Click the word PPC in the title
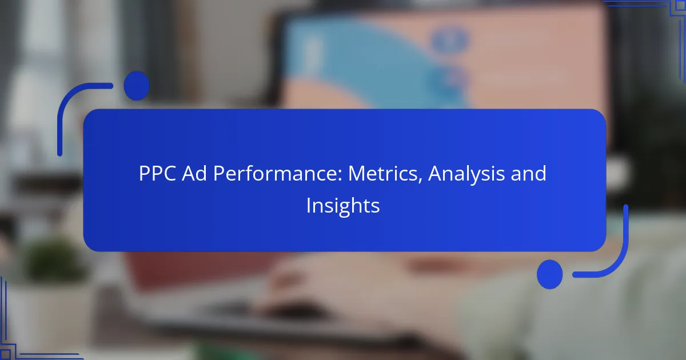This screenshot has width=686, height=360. [x=157, y=174]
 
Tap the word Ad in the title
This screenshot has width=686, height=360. [x=194, y=173]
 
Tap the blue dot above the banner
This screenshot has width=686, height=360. [x=137, y=86]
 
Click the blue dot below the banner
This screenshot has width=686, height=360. [x=550, y=274]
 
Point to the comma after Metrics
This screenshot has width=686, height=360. [x=420, y=181]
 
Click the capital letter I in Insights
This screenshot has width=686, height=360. [x=308, y=205]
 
